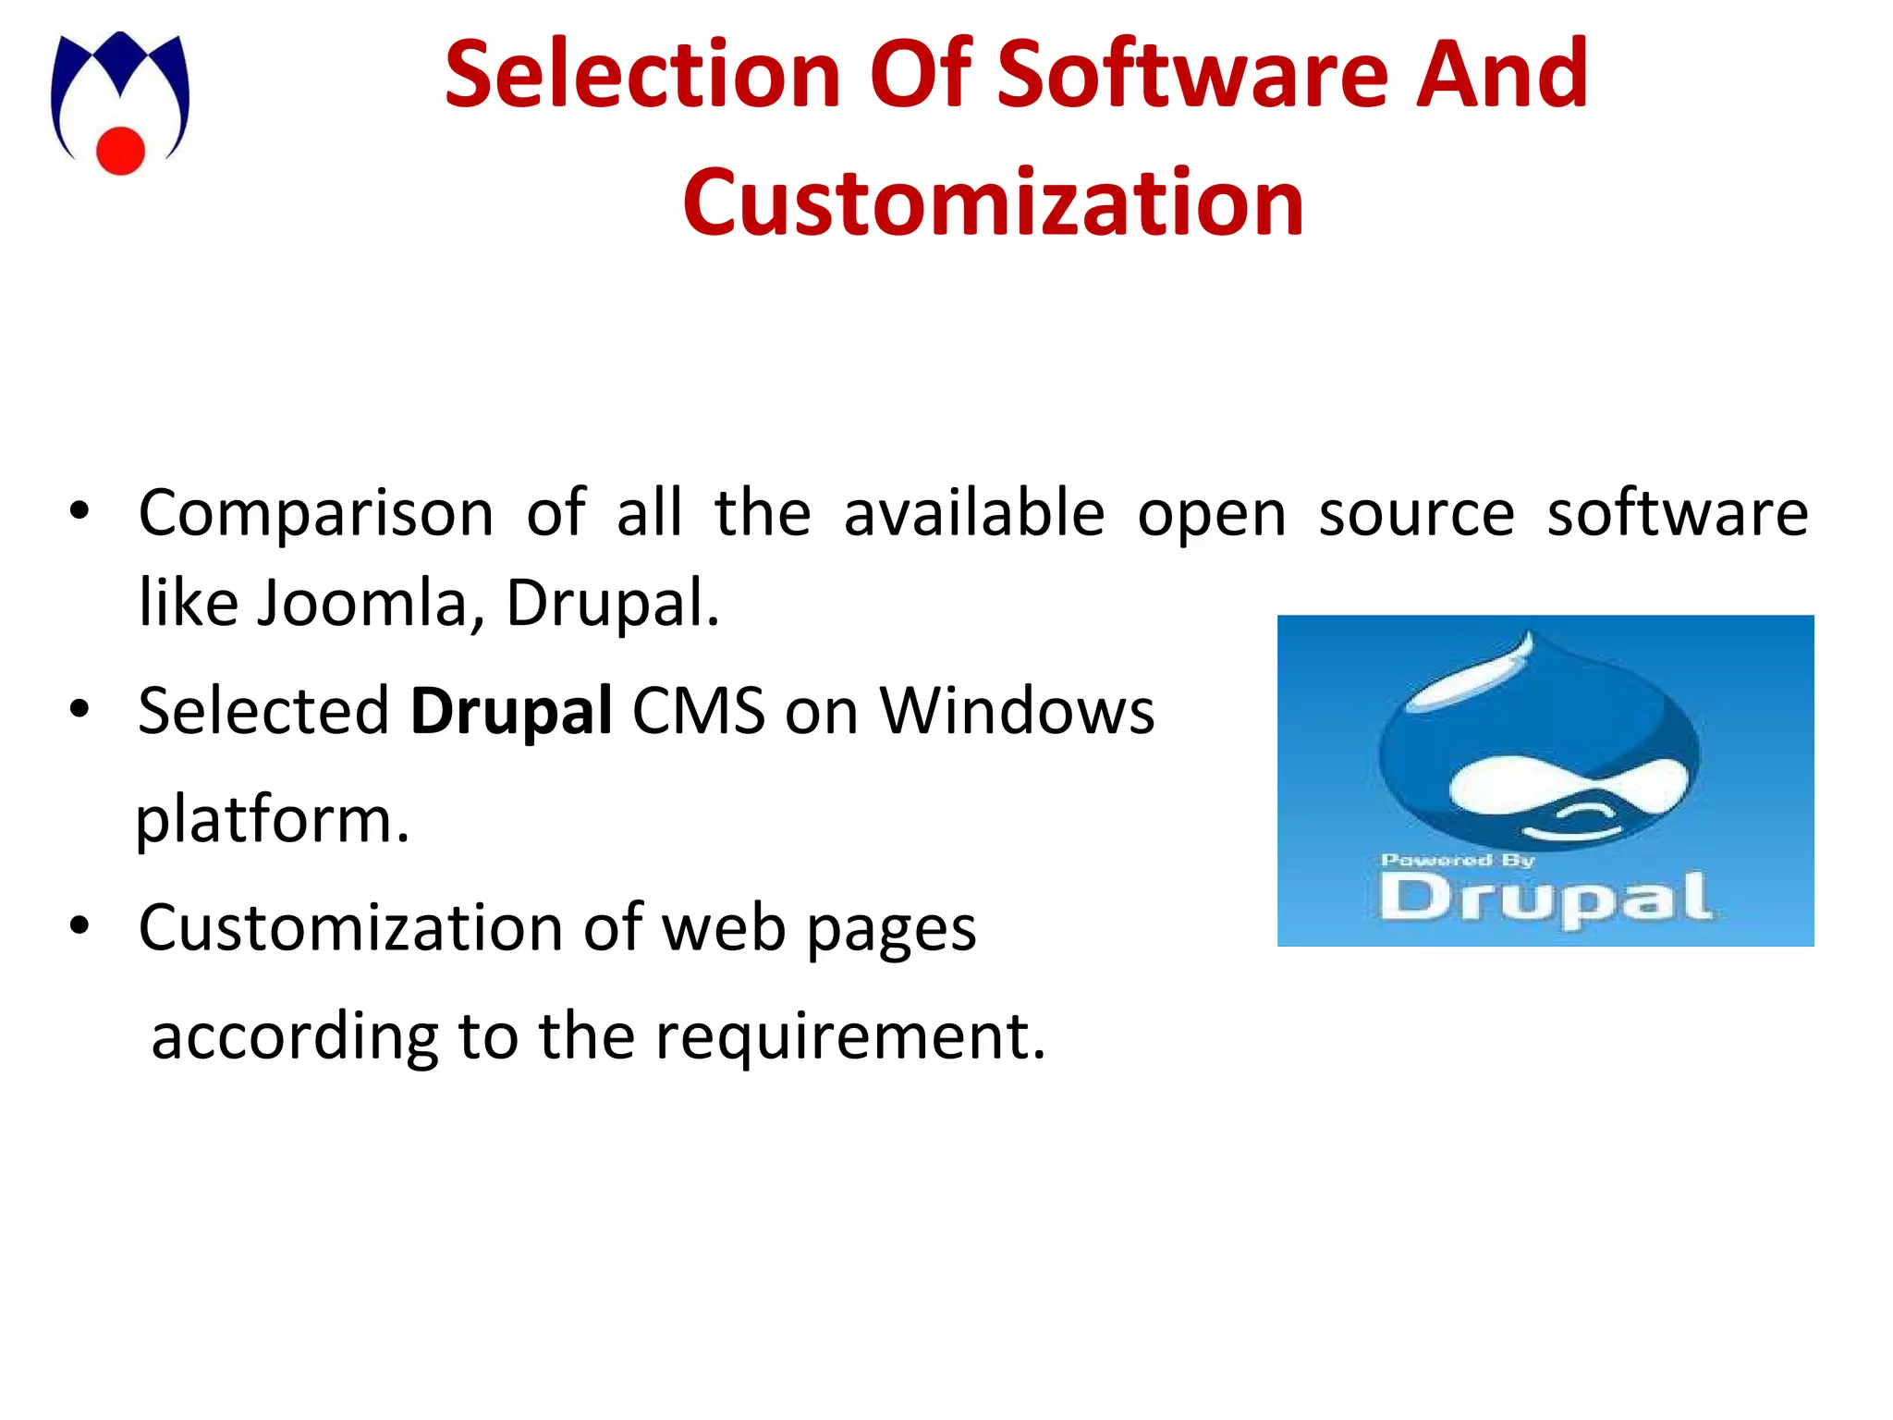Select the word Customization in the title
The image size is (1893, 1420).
tap(993, 202)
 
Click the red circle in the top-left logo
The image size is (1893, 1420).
tap(121, 150)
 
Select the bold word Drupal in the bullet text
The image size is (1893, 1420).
tap(511, 711)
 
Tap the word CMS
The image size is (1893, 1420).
tap(699, 711)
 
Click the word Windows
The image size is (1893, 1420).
tap(1017, 711)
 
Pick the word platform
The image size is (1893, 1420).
tap(272, 820)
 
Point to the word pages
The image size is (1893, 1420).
tap(891, 928)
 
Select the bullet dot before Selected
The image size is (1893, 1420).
tap(79, 710)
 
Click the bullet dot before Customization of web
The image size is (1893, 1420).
tap(79, 925)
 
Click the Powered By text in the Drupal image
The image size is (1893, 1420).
tap(1457, 861)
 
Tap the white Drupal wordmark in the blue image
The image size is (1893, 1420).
tap(1545, 899)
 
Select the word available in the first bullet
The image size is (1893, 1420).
tap(974, 513)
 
